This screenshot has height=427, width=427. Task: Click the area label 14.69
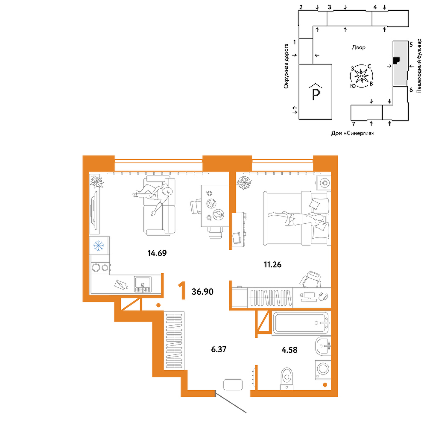[157, 253]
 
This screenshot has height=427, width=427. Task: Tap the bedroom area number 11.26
[272, 264]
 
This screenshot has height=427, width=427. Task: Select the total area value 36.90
[202, 292]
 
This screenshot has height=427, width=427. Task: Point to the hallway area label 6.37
[219, 349]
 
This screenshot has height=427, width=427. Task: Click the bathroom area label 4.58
[290, 350]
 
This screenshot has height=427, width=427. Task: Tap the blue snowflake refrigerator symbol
[99, 246]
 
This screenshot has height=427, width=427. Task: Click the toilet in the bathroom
[287, 379]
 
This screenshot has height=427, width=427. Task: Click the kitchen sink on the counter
[143, 284]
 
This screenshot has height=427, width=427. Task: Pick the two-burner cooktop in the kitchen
[100, 268]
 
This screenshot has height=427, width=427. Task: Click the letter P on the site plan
[316, 94]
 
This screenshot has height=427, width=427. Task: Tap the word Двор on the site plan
[358, 47]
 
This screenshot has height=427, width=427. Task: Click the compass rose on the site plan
[361, 76]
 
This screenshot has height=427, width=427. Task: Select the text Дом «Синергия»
[353, 133]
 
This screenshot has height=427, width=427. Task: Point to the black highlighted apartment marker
[396, 61]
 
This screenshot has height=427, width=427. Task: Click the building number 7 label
[354, 124]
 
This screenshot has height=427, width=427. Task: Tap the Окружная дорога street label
[286, 66]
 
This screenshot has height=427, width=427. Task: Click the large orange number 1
[182, 291]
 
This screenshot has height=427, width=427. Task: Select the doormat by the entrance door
[233, 385]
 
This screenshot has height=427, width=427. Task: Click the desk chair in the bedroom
[311, 279]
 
